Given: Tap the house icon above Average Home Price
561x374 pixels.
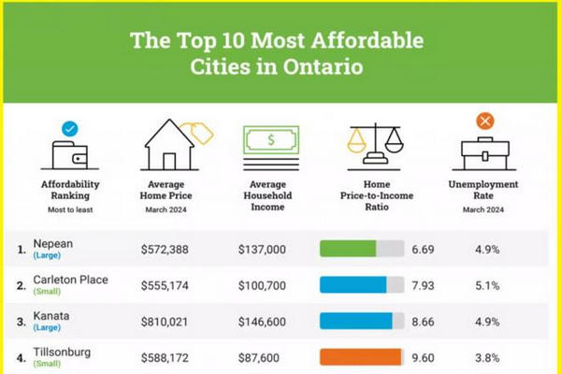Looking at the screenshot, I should (x=172, y=141).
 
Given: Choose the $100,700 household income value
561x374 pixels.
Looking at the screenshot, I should (x=263, y=285).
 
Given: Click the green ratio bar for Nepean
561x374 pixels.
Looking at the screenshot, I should (x=348, y=249).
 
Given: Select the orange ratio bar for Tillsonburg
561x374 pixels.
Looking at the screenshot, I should (x=360, y=356).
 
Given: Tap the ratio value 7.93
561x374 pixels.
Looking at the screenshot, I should (x=423, y=285).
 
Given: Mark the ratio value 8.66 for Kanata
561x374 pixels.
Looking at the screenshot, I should (x=423, y=321).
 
